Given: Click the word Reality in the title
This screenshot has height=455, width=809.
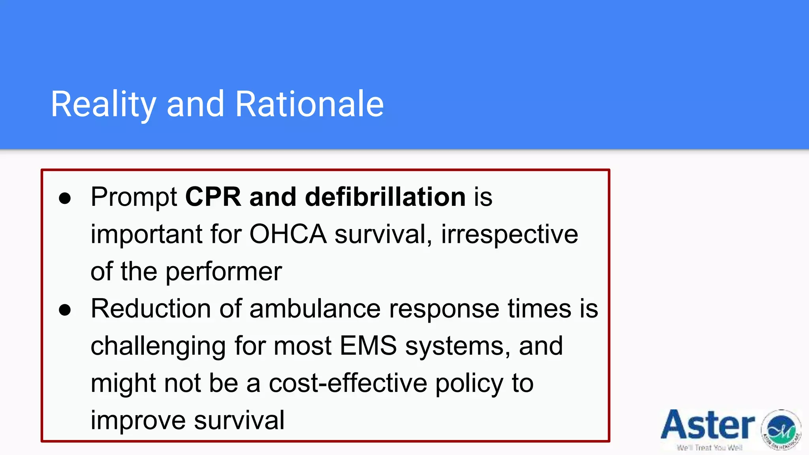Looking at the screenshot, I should [103, 104].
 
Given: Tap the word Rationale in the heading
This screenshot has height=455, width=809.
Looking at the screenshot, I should [309, 104].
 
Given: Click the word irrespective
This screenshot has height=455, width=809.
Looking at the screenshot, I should [509, 234].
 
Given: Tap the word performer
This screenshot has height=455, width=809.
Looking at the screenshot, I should [224, 272].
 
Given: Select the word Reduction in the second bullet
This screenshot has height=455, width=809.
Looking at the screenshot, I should [151, 308].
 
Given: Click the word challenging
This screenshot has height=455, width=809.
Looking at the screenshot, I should [158, 346].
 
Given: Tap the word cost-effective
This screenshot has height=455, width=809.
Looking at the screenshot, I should [348, 383].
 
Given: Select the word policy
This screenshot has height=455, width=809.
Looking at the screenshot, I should [469, 383].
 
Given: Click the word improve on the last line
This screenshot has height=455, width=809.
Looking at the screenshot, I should [138, 420].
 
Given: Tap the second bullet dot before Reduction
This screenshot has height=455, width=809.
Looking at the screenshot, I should [65, 310].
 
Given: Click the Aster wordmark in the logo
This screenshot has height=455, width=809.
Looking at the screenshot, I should [707, 425].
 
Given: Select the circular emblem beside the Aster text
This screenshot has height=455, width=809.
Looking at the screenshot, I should [781, 430].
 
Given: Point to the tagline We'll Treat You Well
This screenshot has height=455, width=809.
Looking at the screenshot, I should [709, 448].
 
